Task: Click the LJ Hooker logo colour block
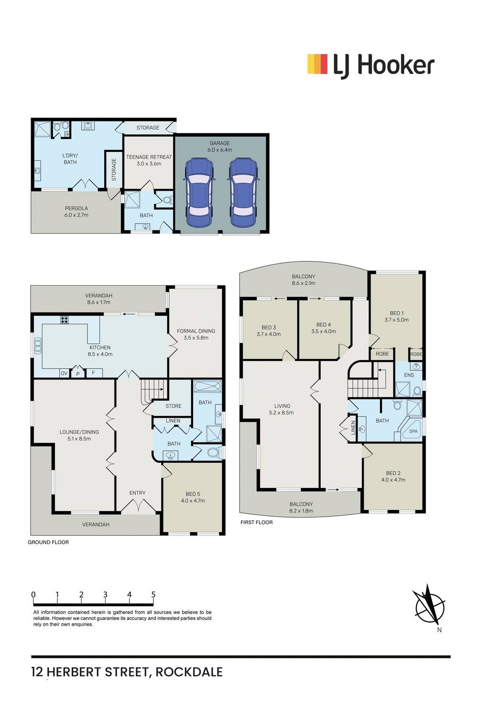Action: (317, 64)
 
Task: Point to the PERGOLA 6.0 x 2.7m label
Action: (76, 212)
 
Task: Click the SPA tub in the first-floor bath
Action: (411, 430)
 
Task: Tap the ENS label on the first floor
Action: (409, 375)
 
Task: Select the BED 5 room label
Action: (193, 497)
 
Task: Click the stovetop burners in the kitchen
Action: (65, 319)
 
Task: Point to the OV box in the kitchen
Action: (65, 373)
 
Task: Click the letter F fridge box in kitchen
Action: (94, 373)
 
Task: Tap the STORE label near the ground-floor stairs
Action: (173, 406)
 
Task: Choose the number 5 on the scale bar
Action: (153, 595)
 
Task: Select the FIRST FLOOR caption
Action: (257, 522)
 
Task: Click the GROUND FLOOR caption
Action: (48, 542)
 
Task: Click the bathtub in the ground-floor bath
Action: (207, 386)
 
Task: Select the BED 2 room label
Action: (393, 476)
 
